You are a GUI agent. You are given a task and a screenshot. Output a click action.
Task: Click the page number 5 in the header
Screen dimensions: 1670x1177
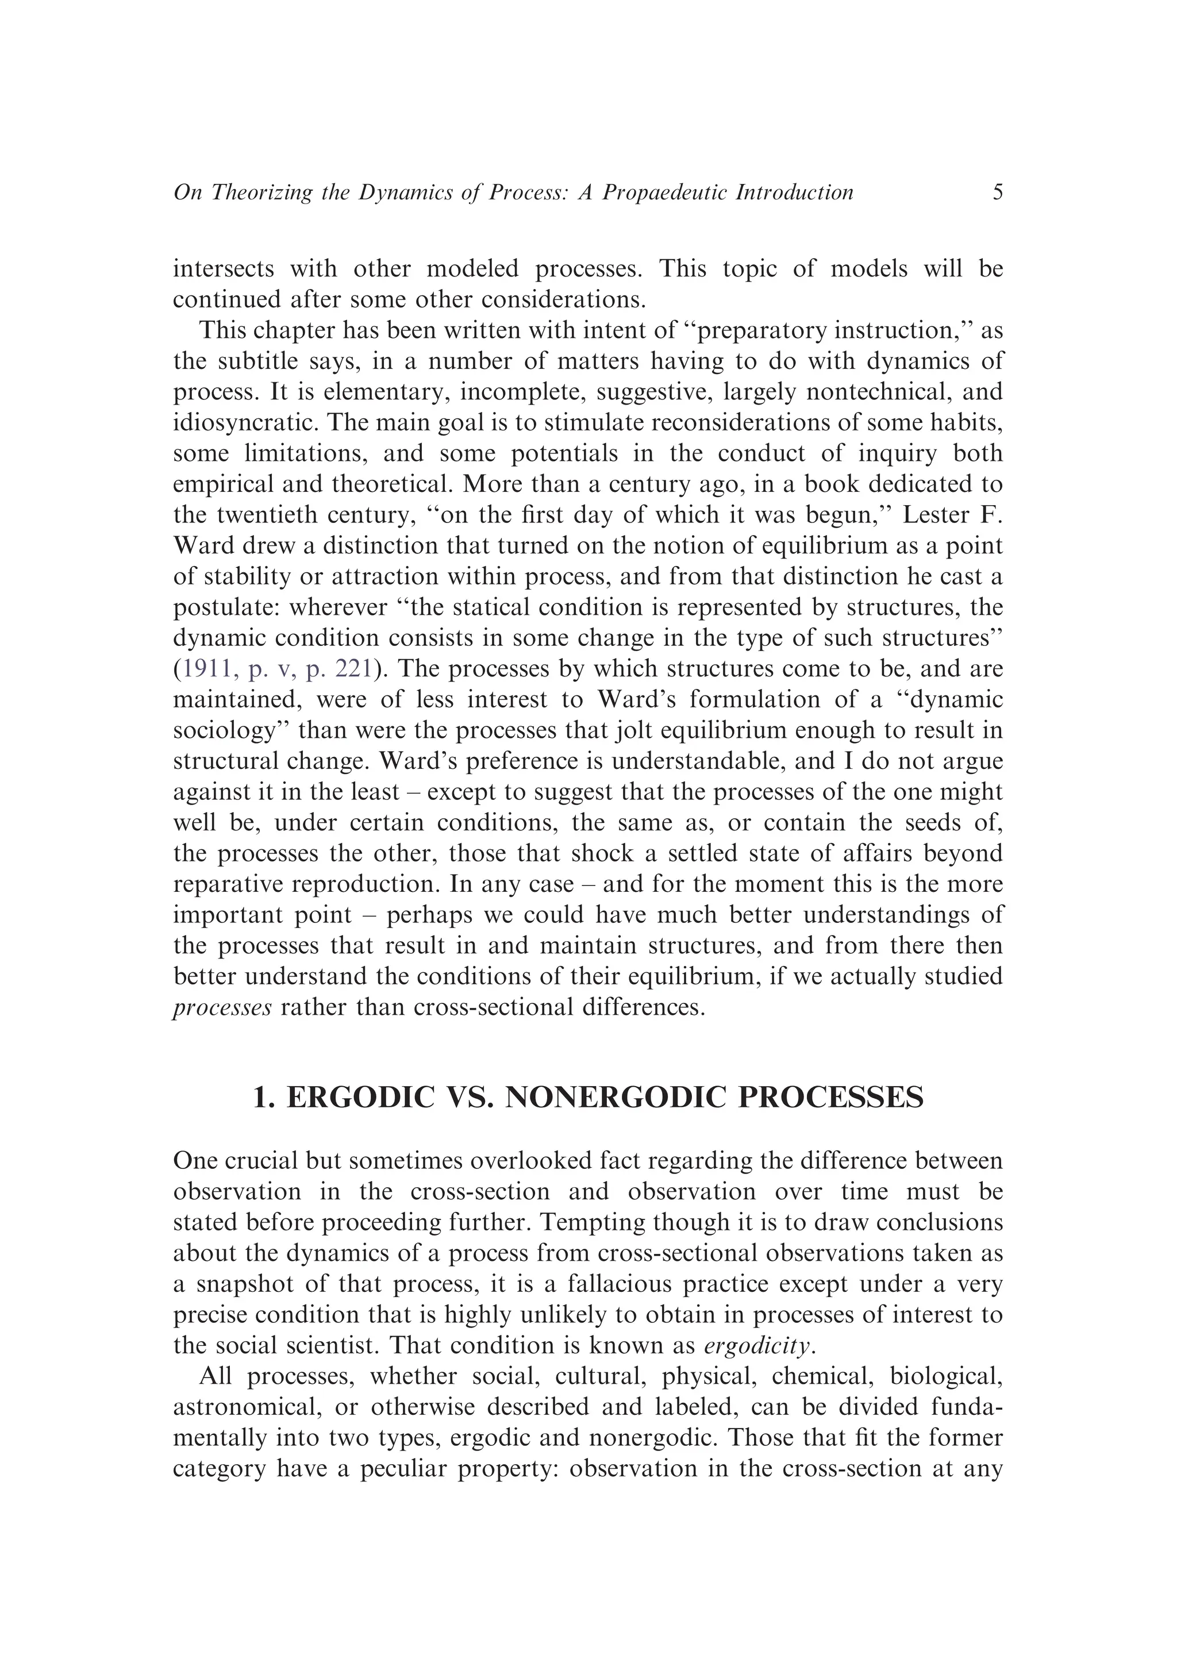pos(997,192)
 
